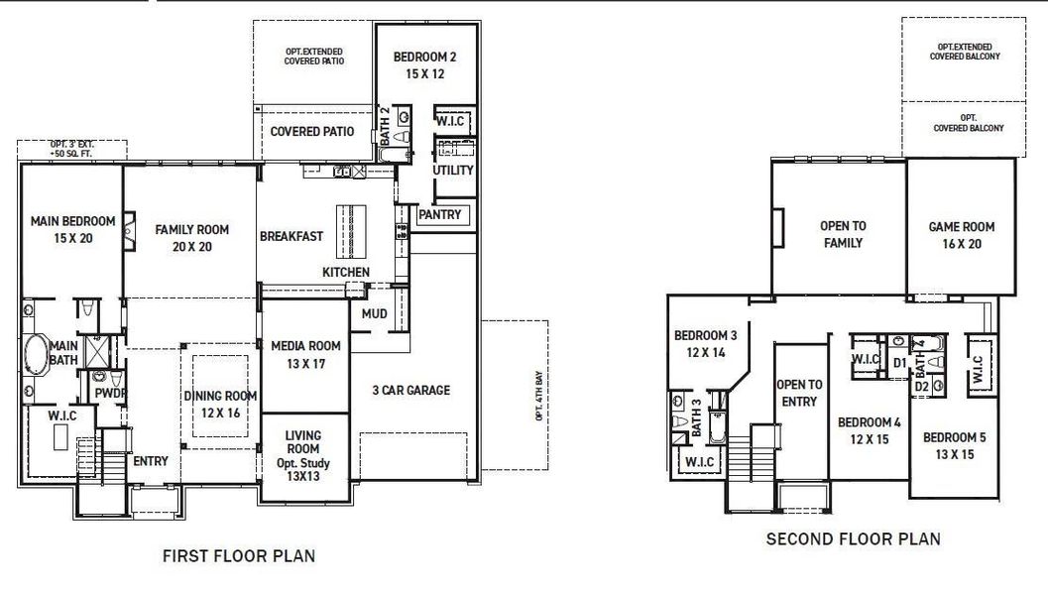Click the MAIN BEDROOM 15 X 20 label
click(72, 229)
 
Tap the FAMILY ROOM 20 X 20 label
click(191, 238)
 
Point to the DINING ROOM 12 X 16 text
click(220, 404)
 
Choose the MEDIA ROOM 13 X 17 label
click(305, 355)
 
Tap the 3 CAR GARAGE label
click(410, 390)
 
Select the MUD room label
click(374, 313)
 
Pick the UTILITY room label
click(453, 170)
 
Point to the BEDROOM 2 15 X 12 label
click(424, 64)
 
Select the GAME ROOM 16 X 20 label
click(961, 235)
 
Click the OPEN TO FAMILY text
click(842, 235)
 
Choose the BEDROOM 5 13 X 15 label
click(955, 445)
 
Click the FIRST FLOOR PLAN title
click(239, 556)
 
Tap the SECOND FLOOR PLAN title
click(853, 539)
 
